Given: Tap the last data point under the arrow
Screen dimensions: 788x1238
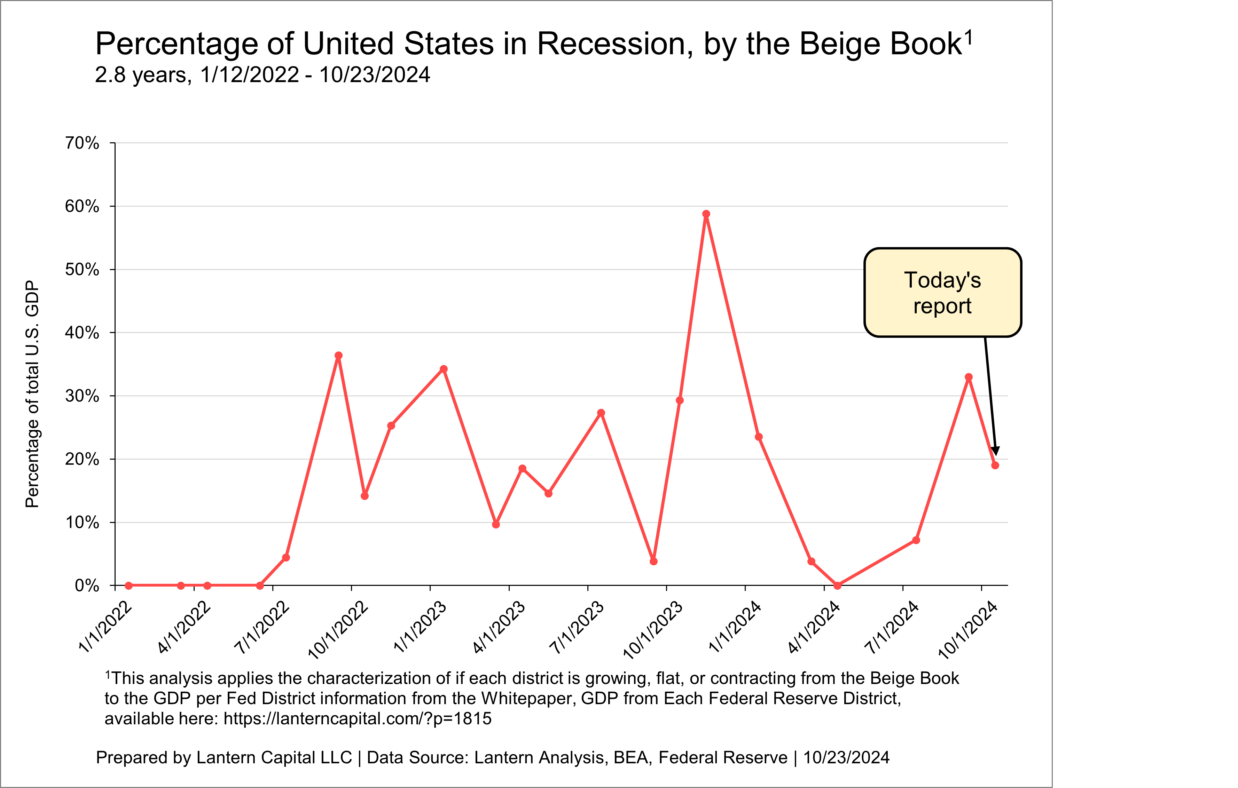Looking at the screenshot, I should coord(995,465).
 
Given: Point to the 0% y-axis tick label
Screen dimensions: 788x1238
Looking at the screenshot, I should coord(87,586).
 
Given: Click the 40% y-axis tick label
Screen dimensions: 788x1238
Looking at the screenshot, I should coord(82,333).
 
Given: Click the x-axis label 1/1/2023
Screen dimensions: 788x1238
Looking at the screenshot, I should coord(420,627).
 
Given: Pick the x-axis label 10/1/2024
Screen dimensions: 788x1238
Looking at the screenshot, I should coord(967,630).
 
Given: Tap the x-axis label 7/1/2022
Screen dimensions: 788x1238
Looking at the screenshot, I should coord(262,627).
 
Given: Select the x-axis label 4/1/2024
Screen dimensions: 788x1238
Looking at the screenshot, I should coord(814,627).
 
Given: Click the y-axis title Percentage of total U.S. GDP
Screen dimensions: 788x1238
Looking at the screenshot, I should coord(32,394).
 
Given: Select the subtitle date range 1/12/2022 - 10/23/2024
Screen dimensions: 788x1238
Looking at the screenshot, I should coord(315,75).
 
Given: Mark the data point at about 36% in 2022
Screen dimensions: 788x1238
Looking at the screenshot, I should coord(338,356).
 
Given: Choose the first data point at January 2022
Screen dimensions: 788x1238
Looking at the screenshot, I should coord(128,586).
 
